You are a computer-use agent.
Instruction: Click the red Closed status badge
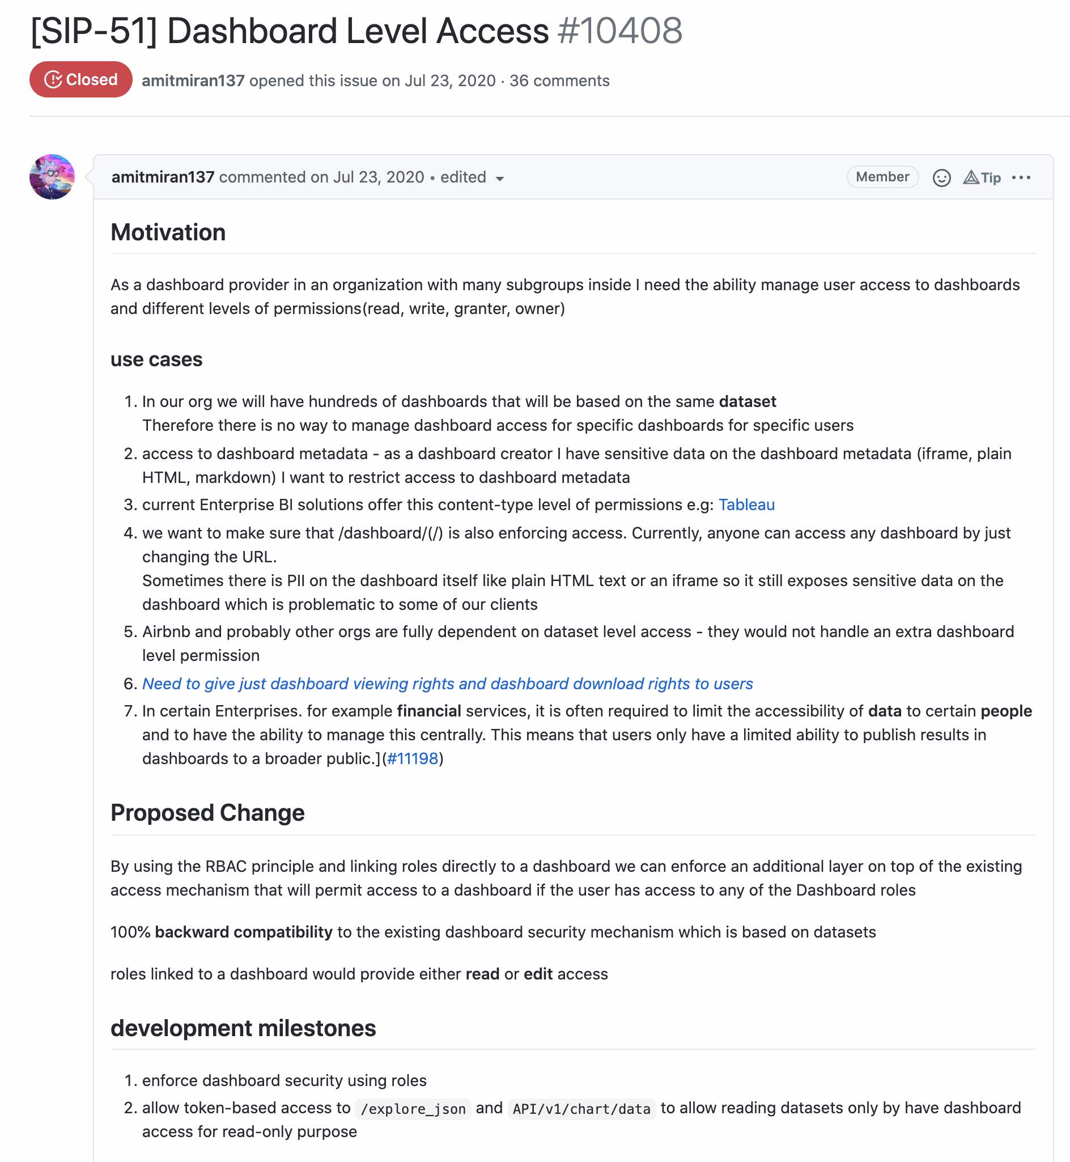pyautogui.click(x=80, y=79)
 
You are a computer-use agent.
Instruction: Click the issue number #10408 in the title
pyautogui.click(x=619, y=31)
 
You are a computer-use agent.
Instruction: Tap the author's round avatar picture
pyautogui.click(x=52, y=177)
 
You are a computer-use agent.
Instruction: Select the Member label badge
pyautogui.click(x=882, y=177)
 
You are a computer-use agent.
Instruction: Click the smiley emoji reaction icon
pyautogui.click(x=941, y=178)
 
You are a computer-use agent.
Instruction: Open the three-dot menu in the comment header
pyautogui.click(x=1021, y=178)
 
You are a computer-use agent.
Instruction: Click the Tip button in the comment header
pyautogui.click(x=982, y=178)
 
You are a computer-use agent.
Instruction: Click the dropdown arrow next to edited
pyautogui.click(x=500, y=179)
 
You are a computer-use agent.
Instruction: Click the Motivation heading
pyautogui.click(x=168, y=232)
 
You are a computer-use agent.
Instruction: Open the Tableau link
pyautogui.click(x=746, y=505)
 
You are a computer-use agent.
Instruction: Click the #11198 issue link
pyautogui.click(x=412, y=758)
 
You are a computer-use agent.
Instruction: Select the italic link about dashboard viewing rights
pyautogui.click(x=447, y=684)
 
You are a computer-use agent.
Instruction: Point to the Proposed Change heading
pyautogui.click(x=207, y=813)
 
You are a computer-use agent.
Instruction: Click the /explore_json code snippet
pyautogui.click(x=413, y=1109)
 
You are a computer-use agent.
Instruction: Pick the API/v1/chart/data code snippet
pyautogui.click(x=581, y=1109)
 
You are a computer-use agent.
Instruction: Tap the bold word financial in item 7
pyautogui.click(x=428, y=711)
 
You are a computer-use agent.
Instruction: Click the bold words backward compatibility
pyautogui.click(x=243, y=932)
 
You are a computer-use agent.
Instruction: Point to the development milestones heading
pyautogui.click(x=243, y=1028)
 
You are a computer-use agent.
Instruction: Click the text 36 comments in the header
pyautogui.click(x=559, y=80)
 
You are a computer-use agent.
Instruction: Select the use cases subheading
pyautogui.click(x=156, y=359)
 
